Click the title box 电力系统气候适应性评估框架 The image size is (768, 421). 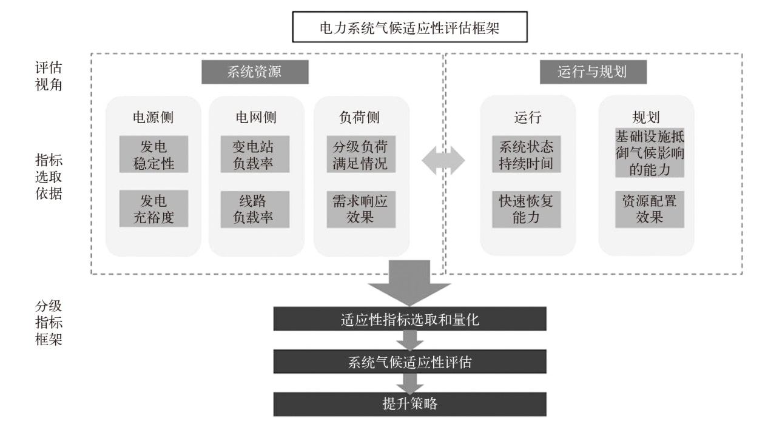409,28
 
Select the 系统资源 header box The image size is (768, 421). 255,72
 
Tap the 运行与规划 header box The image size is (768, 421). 592,72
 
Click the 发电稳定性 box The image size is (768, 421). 153,155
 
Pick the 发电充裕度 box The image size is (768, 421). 153,209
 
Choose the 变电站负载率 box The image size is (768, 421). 255,155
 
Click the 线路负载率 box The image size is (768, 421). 255,209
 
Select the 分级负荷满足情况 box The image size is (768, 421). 360,155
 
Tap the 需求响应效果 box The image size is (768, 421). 360,209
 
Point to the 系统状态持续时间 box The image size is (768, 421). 526,155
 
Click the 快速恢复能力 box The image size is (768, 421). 526,209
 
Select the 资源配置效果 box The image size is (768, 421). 649,209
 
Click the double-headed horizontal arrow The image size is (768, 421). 443,161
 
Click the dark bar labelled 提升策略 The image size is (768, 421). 409,404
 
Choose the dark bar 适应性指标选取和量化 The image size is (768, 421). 409,319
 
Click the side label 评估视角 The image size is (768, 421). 49,76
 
